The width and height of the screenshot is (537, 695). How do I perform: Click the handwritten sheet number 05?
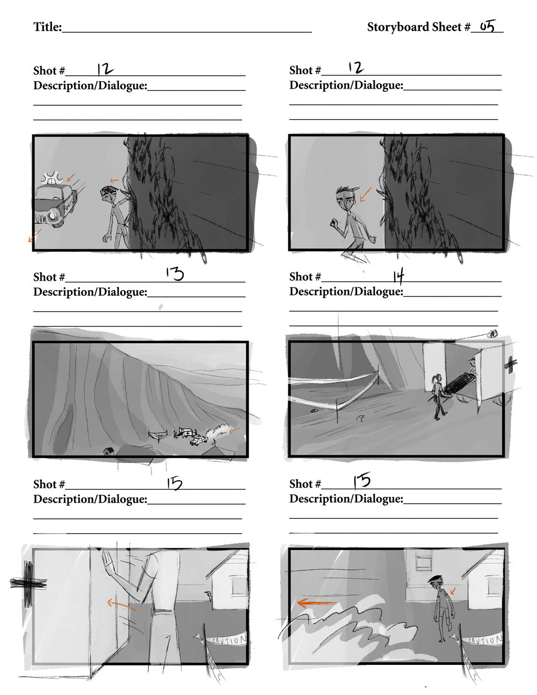(x=488, y=26)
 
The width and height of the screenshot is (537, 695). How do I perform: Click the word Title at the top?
(x=47, y=27)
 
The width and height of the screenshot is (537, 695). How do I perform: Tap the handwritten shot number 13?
(x=175, y=274)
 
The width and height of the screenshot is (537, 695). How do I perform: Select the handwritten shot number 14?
(x=398, y=277)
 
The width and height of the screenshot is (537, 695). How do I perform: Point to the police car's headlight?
(x=53, y=216)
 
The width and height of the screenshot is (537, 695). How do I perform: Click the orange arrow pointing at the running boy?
(x=365, y=194)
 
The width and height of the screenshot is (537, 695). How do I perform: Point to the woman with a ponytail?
(x=438, y=396)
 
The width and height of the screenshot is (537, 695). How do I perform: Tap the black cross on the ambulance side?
(x=511, y=364)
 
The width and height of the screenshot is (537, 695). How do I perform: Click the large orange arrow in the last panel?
(x=316, y=603)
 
